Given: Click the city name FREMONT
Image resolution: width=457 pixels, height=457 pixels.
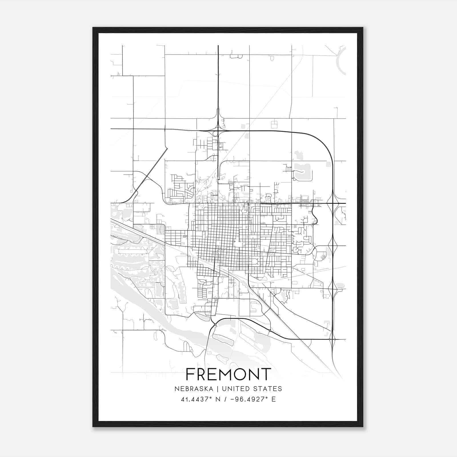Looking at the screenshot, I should coord(228,374).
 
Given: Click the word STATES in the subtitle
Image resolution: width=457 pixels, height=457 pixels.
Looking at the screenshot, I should coord(267,389).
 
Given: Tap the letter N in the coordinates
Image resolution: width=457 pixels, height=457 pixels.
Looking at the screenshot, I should coord(218,399).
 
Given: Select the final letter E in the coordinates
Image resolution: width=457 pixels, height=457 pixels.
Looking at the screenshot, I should coord(274,399).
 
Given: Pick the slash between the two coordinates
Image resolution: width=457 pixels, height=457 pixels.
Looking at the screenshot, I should coord(225,399).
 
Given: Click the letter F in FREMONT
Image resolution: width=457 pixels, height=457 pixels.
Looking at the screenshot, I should coord(190,374).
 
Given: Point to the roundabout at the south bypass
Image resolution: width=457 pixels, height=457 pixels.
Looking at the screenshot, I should coord(215,325).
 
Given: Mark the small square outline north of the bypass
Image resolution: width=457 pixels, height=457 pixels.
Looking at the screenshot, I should coord(274,124).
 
